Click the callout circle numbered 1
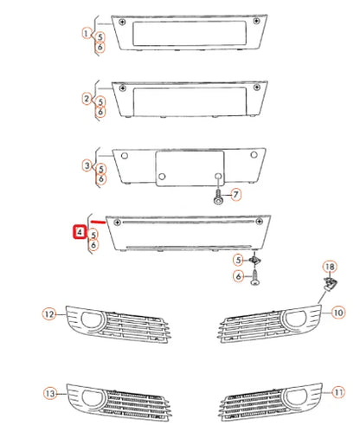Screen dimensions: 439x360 [x=87, y=34]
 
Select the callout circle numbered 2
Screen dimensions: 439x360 [x=87, y=98]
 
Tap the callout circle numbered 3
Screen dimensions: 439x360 [x=87, y=165]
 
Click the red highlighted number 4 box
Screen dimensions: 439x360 [x=78, y=232]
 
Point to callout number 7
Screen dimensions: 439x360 [x=236, y=197]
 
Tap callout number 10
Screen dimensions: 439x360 [x=337, y=312]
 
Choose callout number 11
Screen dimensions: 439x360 [x=337, y=392]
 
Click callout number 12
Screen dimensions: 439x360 [x=49, y=313]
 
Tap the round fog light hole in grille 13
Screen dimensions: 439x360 [x=90, y=400]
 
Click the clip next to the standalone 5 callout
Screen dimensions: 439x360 [x=255, y=261]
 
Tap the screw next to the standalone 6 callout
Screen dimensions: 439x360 [x=255, y=279]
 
